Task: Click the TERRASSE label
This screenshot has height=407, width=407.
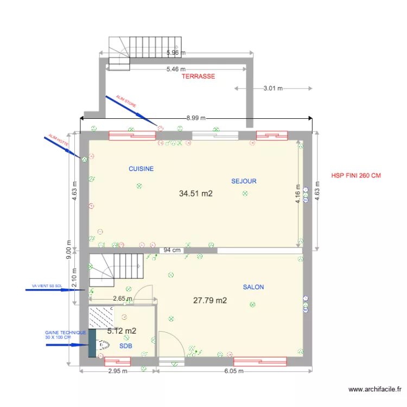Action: pos(198,77)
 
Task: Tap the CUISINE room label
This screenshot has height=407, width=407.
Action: pos(141,169)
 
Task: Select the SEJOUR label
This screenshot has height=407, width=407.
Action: pos(244,181)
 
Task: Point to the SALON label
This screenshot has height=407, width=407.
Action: pos(253,287)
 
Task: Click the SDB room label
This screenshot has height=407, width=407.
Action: pos(126,345)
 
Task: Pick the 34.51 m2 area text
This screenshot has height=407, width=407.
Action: pos(196,193)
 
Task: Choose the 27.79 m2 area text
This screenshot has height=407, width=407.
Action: pos(210,300)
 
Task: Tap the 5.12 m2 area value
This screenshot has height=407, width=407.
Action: pos(122,330)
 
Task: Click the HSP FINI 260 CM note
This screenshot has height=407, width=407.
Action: pos(356,176)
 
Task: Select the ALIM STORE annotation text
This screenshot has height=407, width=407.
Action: pos(126,101)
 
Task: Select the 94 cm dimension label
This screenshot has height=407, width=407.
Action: pos(172,250)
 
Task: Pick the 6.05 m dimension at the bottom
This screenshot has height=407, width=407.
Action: pos(234,371)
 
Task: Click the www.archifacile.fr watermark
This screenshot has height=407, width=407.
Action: pos(374,389)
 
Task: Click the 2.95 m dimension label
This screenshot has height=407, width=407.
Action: pos(117,371)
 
